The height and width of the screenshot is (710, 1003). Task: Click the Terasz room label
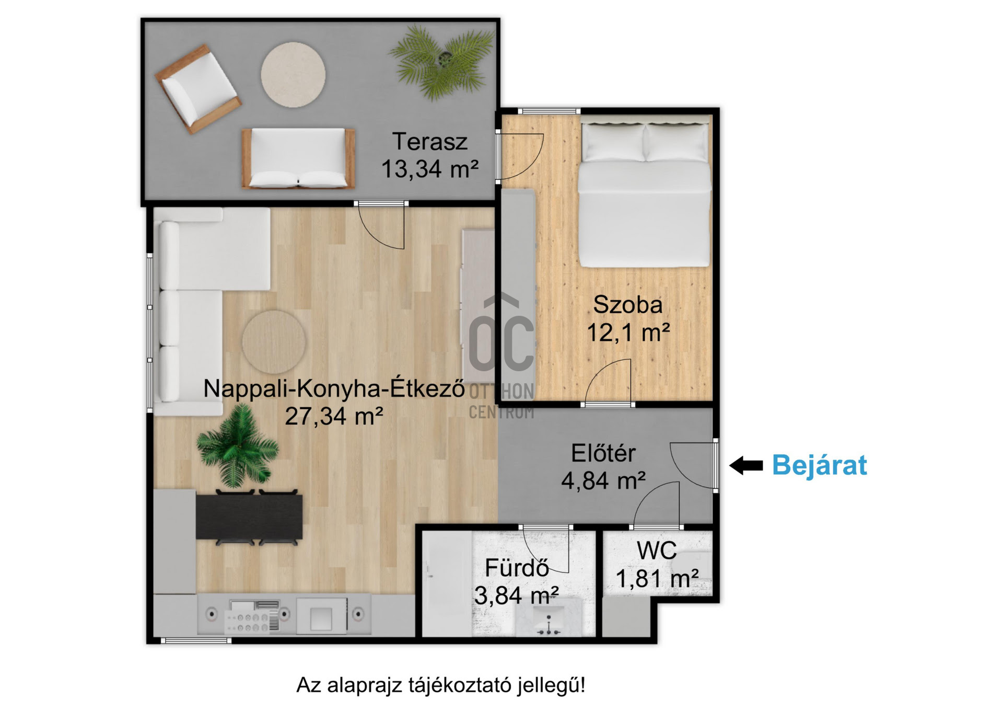(429, 142)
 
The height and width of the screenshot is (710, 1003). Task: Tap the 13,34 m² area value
(429, 169)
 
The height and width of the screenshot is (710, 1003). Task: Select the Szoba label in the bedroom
(627, 305)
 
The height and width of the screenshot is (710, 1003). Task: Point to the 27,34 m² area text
(334, 416)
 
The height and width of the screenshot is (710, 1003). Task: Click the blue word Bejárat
(819, 465)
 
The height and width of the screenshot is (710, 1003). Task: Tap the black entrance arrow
(746, 465)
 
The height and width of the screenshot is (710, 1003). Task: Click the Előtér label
(603, 453)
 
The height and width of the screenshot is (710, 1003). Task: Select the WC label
(657, 551)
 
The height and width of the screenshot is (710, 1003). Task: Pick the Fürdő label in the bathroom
(517, 568)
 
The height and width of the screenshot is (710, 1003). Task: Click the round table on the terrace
(293, 75)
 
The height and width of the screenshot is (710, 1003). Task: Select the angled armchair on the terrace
(198, 89)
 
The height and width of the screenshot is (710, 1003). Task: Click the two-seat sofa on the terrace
(298, 158)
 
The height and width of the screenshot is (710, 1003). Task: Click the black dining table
(249, 517)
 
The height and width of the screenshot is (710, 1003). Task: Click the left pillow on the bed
(613, 142)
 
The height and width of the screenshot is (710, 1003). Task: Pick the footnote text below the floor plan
(441, 685)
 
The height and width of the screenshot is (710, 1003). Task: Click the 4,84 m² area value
(603, 480)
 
